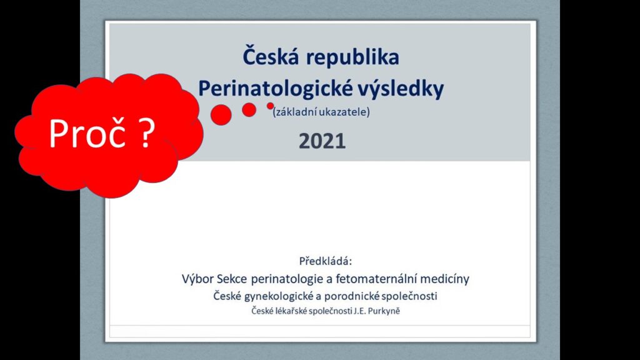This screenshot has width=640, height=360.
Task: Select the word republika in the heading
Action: click(x=353, y=58)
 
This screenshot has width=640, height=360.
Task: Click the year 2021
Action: click(x=322, y=141)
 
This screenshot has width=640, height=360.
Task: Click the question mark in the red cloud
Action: click(x=146, y=133)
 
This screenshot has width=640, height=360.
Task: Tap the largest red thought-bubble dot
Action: click(x=221, y=115)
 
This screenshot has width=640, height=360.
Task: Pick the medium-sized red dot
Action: click(x=249, y=110)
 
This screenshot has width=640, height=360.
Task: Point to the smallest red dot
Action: click(x=270, y=106)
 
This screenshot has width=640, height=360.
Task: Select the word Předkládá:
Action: click(x=325, y=261)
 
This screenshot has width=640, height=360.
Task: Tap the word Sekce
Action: click(x=231, y=279)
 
